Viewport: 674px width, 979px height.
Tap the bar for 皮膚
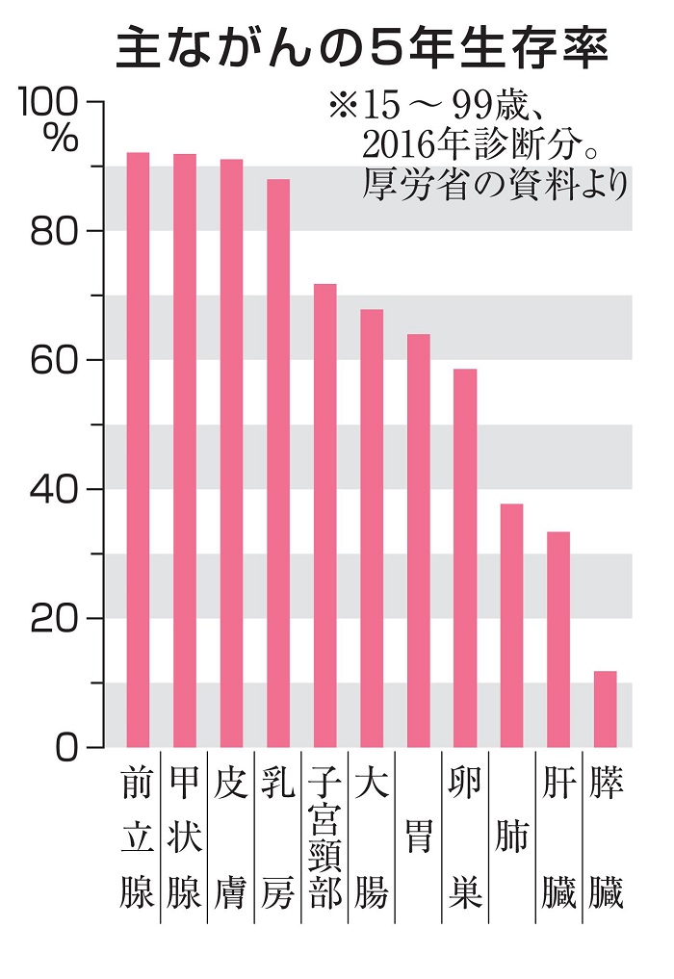click(x=231, y=452)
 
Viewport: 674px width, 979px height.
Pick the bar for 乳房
click(x=278, y=463)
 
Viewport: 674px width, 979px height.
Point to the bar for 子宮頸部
click(x=324, y=515)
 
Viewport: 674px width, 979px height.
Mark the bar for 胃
click(x=418, y=540)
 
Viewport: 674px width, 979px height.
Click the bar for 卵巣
click(x=465, y=557)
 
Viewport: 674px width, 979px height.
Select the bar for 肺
click(x=511, y=625)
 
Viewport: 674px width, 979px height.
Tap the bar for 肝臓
click(x=558, y=639)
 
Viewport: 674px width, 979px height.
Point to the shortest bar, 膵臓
click(x=605, y=708)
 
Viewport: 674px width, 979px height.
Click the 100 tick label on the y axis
click(x=51, y=102)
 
